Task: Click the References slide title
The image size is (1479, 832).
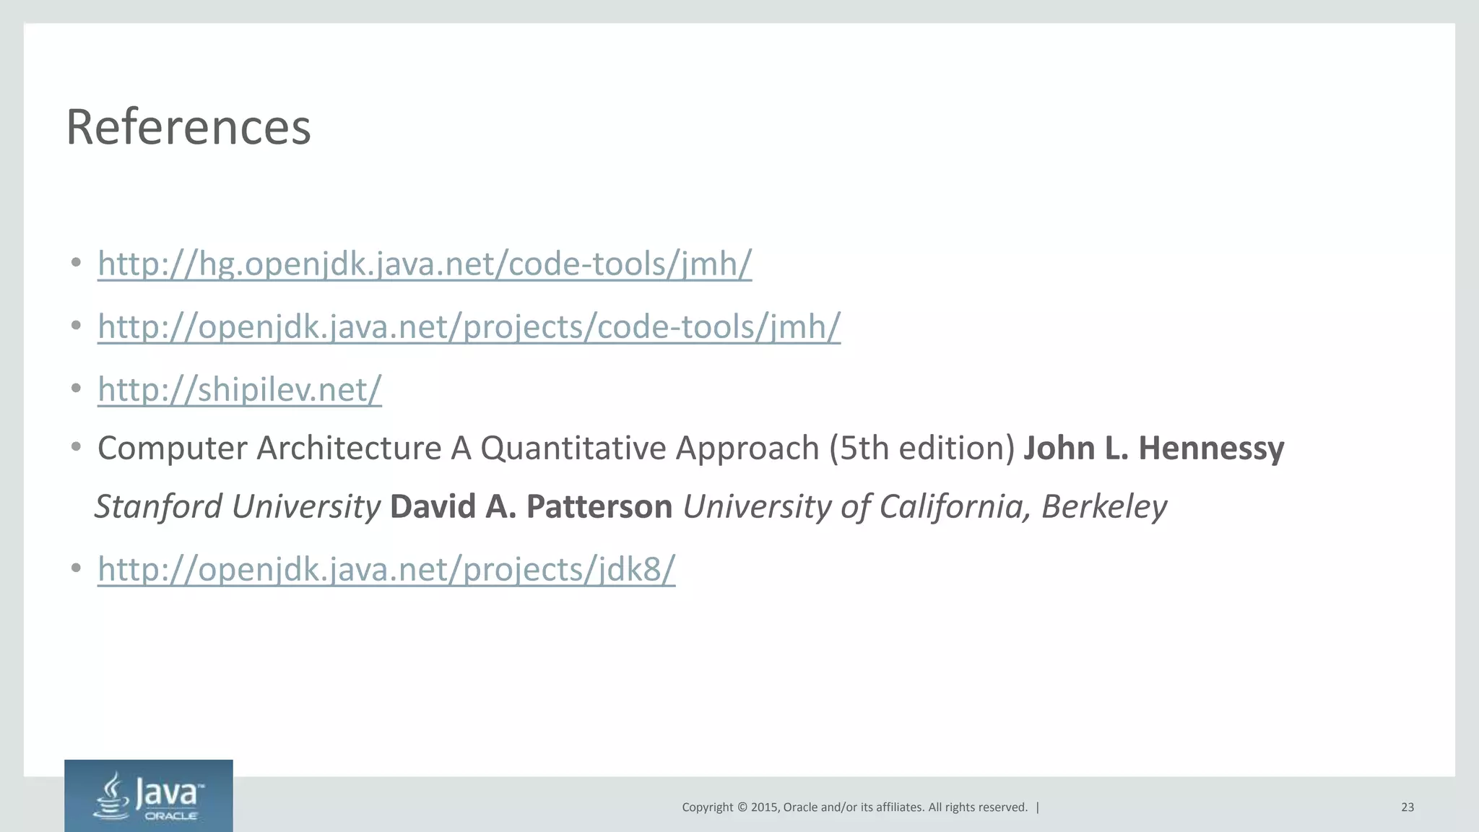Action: point(188,127)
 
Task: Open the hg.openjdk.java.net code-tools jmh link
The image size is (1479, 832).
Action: point(425,264)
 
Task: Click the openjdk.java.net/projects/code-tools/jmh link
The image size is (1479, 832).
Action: point(469,326)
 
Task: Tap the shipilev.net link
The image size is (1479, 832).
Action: point(239,389)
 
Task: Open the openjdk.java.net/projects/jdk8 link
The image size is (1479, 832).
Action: point(386,569)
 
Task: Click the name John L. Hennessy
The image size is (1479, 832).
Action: point(1154,448)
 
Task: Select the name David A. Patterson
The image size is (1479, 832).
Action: point(531,506)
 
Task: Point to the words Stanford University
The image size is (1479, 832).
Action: point(238,506)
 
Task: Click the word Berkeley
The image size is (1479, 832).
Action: point(1103,506)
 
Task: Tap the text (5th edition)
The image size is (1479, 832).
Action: point(922,448)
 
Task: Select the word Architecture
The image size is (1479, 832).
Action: point(349,448)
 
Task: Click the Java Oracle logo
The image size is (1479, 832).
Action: point(149,796)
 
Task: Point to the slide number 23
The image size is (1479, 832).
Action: point(1408,807)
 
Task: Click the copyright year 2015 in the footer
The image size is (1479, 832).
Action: point(764,807)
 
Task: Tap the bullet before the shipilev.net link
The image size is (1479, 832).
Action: point(76,389)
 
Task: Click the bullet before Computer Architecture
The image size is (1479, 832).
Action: point(76,448)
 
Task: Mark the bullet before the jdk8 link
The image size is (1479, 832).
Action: point(76,569)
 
